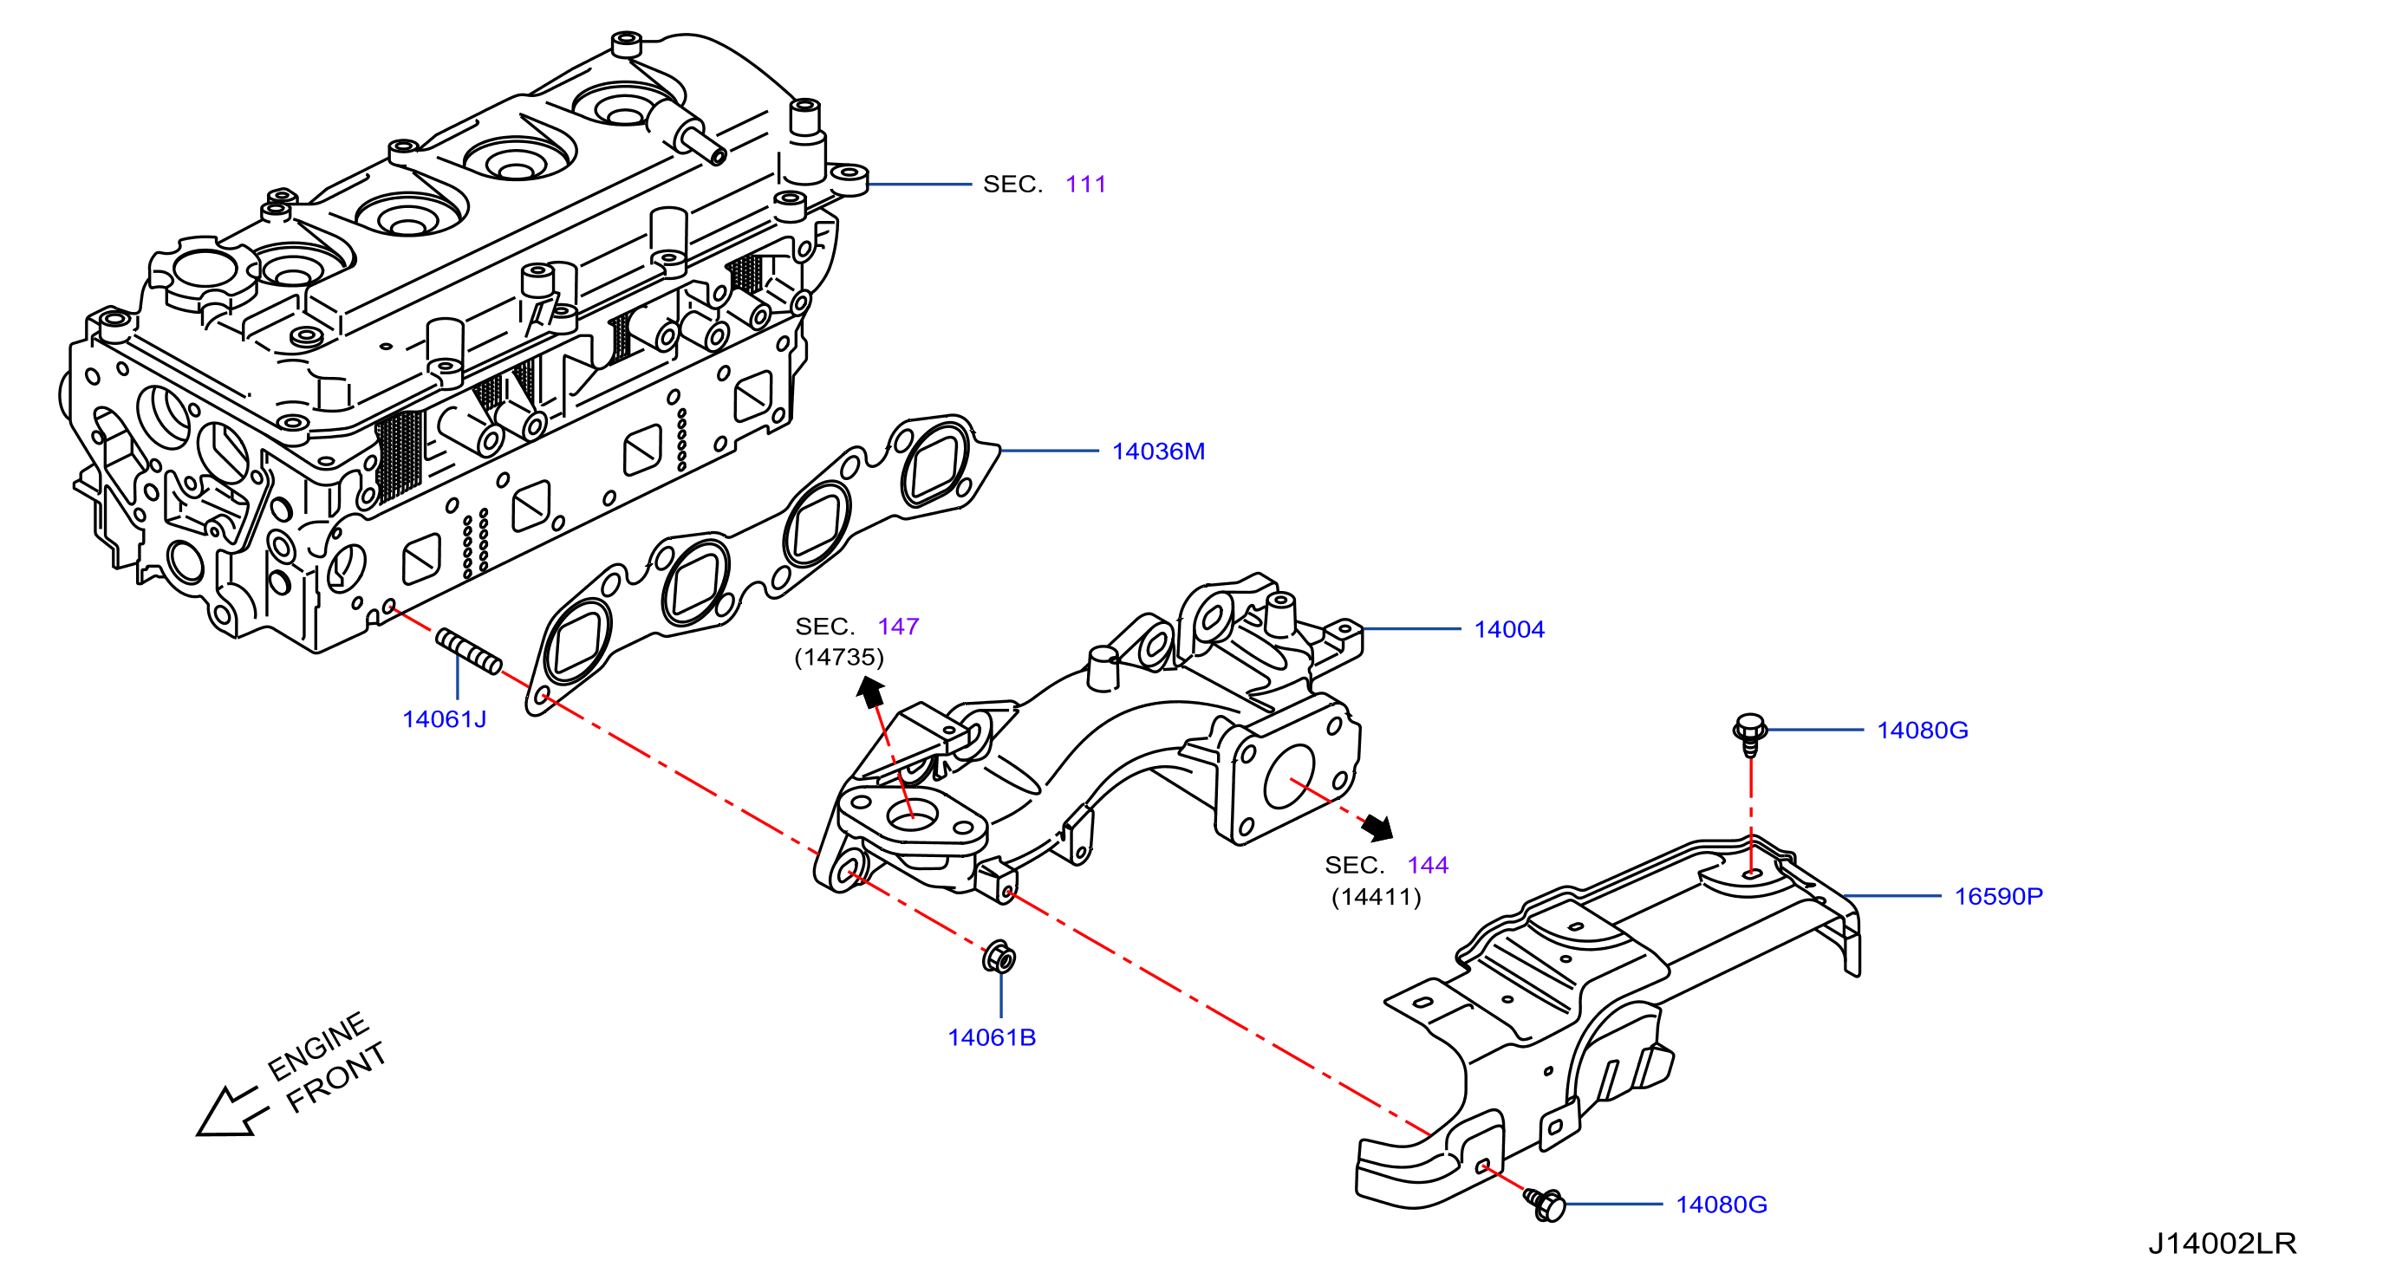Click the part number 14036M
coord(1158,451)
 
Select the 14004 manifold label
coord(1509,629)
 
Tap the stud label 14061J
coord(444,719)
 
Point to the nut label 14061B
coord(992,1037)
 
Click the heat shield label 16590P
coord(1999,897)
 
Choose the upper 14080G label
coord(1923,731)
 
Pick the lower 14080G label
coord(1722,1205)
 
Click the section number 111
coord(1086,185)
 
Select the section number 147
coord(898,627)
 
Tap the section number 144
coord(1428,865)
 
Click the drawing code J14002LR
coord(2222,1243)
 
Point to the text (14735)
coord(839,658)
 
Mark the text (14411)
coord(1377,898)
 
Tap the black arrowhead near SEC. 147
coord(870,692)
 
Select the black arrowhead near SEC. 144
coord(1379,827)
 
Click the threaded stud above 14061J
coord(468,651)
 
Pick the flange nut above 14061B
coord(999,958)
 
